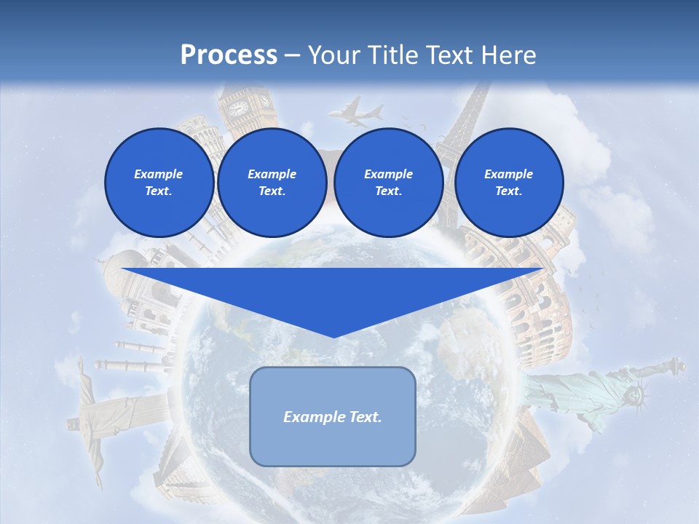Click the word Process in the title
[229, 55]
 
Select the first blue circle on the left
[159, 182]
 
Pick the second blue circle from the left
[272, 182]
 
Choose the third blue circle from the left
[388, 182]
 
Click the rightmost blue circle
[508, 182]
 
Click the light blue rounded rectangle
[333, 416]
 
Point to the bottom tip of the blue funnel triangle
[333, 336]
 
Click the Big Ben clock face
[238, 108]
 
